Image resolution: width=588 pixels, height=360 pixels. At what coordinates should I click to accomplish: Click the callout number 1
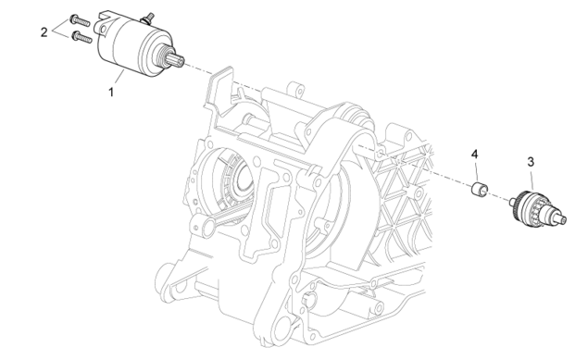tap(110, 92)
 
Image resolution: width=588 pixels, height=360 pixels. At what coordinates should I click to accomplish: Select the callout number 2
tap(44, 32)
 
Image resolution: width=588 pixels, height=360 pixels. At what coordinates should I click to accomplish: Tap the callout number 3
tap(531, 162)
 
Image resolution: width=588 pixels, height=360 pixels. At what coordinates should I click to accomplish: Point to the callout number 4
tap(475, 154)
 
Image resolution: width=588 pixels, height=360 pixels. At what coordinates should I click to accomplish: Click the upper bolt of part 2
tap(80, 20)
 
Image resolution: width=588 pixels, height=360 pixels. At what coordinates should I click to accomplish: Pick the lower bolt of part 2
tap(82, 37)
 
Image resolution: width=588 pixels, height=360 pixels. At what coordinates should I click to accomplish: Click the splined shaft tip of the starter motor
tap(177, 60)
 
